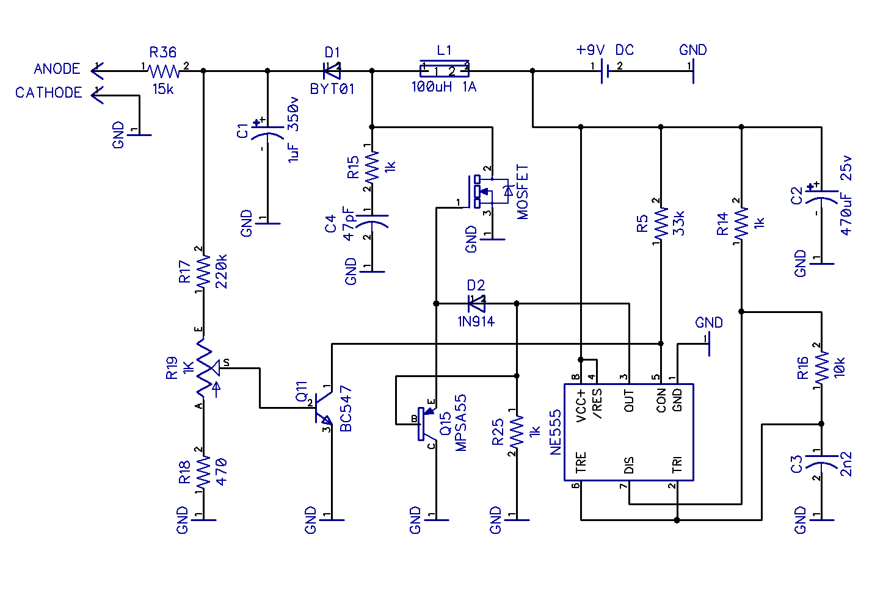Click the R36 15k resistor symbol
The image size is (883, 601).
point(164,71)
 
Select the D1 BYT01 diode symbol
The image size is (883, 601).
point(332,71)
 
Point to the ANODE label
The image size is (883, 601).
point(57,69)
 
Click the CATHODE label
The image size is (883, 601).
point(49,93)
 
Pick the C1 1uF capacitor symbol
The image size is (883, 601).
point(267,135)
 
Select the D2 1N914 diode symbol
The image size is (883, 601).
point(476,303)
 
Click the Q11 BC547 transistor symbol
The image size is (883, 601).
point(322,408)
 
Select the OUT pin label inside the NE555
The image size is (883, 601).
point(629,401)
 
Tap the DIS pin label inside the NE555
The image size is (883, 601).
point(629,465)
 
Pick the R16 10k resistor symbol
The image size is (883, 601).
point(821,367)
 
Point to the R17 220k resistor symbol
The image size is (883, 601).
point(203,270)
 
